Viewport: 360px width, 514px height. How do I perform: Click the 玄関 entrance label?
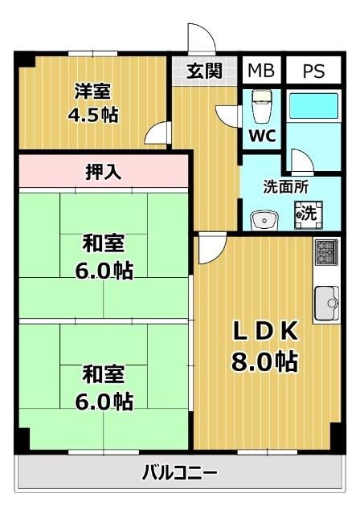click(x=205, y=71)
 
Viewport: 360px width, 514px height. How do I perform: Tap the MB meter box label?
click(x=260, y=71)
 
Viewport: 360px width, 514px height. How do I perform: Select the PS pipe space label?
click(x=313, y=71)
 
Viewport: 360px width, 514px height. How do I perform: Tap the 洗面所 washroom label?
click(x=285, y=186)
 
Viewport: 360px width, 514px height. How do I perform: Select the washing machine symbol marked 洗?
click(x=307, y=214)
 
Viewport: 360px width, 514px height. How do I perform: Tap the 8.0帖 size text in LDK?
click(x=265, y=361)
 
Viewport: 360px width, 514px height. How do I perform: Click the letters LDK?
click(x=265, y=330)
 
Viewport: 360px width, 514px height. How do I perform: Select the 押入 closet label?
click(x=104, y=171)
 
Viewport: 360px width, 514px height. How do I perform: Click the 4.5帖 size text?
click(x=93, y=115)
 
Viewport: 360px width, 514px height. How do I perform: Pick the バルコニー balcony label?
click(x=179, y=472)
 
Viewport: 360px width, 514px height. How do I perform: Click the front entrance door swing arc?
click(x=198, y=37)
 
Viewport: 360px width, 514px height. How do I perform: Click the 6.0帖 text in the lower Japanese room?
click(x=103, y=399)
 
